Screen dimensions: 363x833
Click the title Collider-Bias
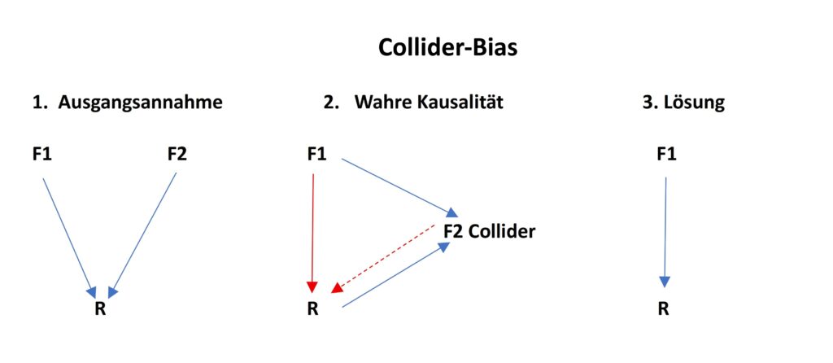447,48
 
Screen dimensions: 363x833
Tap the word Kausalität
456,103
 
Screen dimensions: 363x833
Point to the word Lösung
697,103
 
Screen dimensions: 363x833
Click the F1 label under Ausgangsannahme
42,153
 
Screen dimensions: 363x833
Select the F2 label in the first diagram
177,153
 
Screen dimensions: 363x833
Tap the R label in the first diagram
100,309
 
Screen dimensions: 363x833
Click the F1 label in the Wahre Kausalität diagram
316,153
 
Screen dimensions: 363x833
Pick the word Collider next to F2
502,231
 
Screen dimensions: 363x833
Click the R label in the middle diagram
312,309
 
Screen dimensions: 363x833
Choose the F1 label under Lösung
665,153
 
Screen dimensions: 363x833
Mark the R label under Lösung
665,309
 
